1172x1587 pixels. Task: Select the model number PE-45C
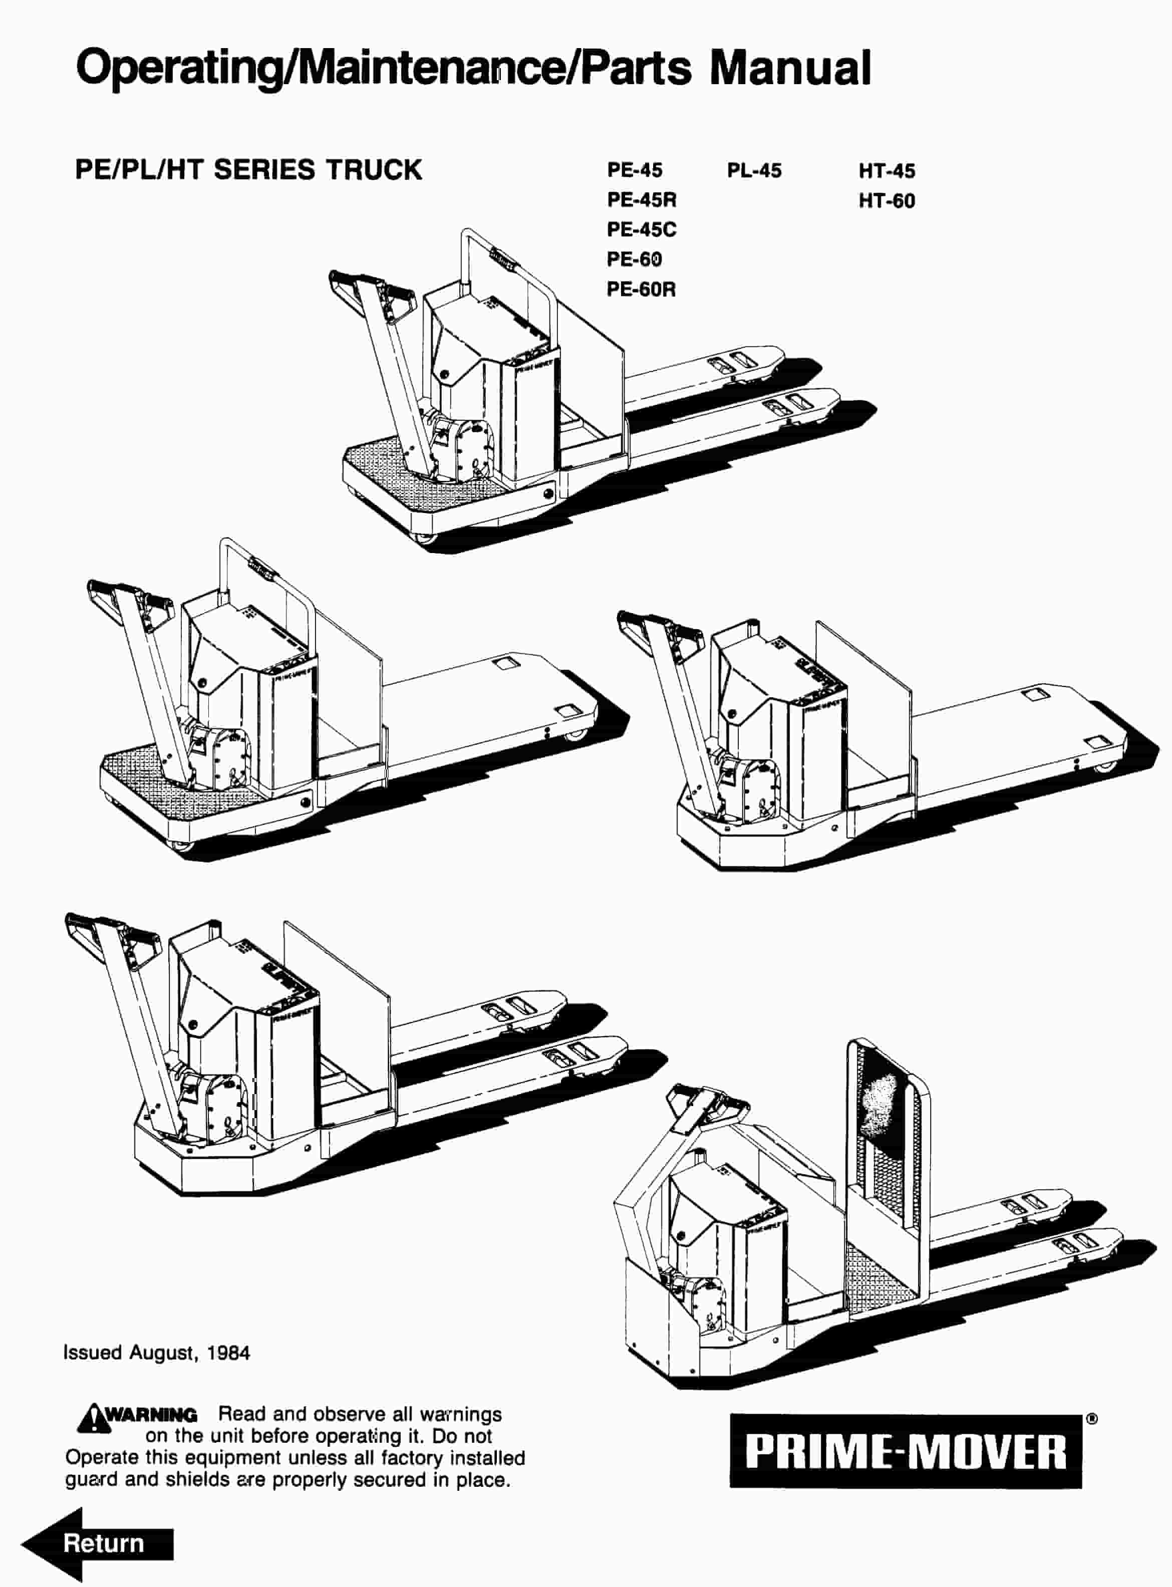[x=641, y=230]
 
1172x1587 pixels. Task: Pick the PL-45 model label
[x=754, y=171]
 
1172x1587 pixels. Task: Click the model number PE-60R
[x=641, y=290]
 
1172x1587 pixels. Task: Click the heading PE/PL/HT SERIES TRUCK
[x=248, y=170]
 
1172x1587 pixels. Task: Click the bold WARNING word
[x=150, y=1415]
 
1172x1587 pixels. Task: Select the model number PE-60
[x=634, y=259]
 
